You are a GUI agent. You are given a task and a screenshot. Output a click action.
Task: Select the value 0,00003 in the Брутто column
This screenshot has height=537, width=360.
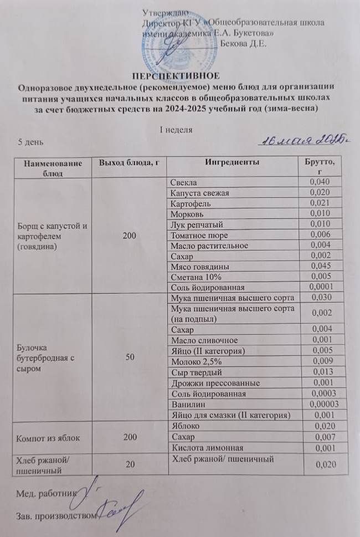coord(323,404)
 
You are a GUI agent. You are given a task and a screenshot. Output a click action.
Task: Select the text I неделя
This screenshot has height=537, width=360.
coord(177,129)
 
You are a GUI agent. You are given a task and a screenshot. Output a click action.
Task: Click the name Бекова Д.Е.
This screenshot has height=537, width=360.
coord(244,44)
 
